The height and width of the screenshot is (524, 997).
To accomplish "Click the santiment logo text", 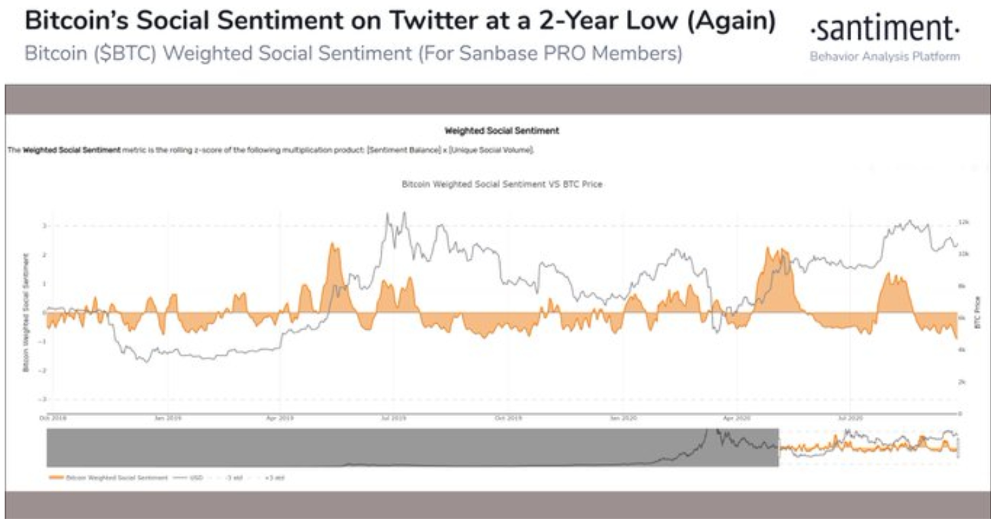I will click(x=885, y=29).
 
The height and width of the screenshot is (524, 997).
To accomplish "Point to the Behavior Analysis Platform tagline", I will click(x=885, y=56).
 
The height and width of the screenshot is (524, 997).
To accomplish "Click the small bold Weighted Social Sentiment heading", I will click(x=501, y=131).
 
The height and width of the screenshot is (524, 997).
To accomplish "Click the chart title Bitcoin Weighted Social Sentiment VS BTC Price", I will click(x=501, y=184).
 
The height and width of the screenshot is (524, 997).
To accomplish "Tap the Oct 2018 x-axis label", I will click(x=54, y=417).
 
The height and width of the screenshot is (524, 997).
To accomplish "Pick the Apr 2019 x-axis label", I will click(x=280, y=417).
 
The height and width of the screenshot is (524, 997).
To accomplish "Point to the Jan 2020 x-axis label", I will click(x=623, y=417).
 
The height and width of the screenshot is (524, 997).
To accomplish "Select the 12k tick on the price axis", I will click(x=962, y=222).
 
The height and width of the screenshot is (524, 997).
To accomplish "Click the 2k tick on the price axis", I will click(x=962, y=381).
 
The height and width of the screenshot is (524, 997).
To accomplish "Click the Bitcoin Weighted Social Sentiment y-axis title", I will click(x=25, y=313).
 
